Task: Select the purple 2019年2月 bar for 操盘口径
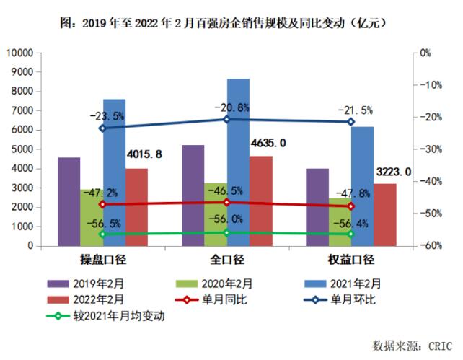tap(69, 201)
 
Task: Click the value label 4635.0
tap(268, 144)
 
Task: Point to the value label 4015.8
tap(144, 154)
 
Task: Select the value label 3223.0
tap(394, 172)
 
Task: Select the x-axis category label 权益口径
tap(350, 260)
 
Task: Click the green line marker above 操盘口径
tap(102, 234)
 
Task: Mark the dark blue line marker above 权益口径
tap(350, 122)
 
